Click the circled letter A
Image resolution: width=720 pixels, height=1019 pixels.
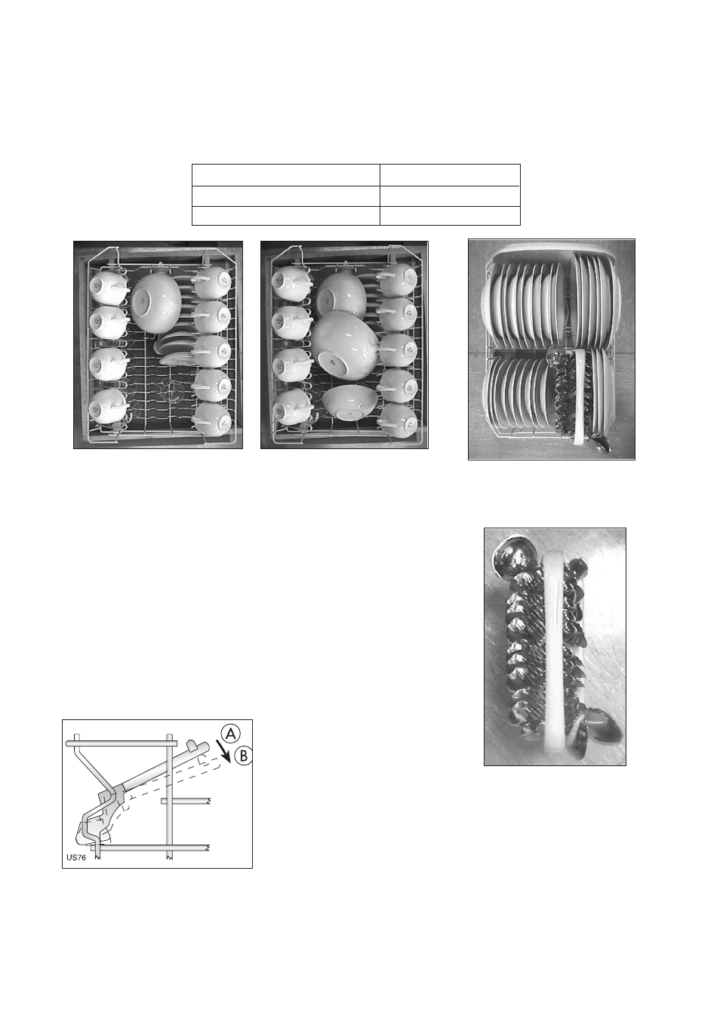coord(231,734)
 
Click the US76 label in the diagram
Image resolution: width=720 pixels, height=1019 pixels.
coord(76,857)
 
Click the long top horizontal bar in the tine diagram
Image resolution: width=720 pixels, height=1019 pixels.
coord(121,743)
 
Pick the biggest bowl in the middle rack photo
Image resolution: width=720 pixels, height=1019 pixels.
coord(344,345)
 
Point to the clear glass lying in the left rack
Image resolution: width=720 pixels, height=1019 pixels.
coord(169,388)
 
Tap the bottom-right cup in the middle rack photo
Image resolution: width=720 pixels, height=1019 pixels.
coord(398,420)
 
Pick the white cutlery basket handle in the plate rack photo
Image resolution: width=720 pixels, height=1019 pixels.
coord(579,396)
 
